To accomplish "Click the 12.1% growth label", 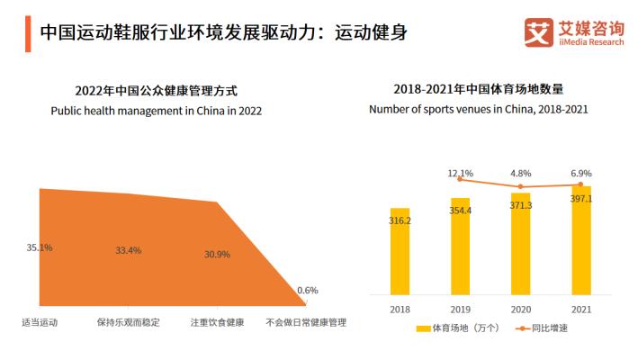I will coord(460,172).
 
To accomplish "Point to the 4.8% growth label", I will coord(521,172).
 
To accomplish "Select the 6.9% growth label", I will coord(581,172).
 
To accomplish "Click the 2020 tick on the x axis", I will coord(520,309).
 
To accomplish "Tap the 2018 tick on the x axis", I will coord(400,309).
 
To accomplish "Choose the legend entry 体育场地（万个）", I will coord(455,328).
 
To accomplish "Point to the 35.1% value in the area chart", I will coord(40,247).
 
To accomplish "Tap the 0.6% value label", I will coord(307,290).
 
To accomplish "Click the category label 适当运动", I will coord(40,321).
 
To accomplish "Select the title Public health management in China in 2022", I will coord(156,111).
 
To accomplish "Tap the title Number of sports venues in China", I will coord(478,110).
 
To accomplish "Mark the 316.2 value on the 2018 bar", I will coord(400,220).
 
